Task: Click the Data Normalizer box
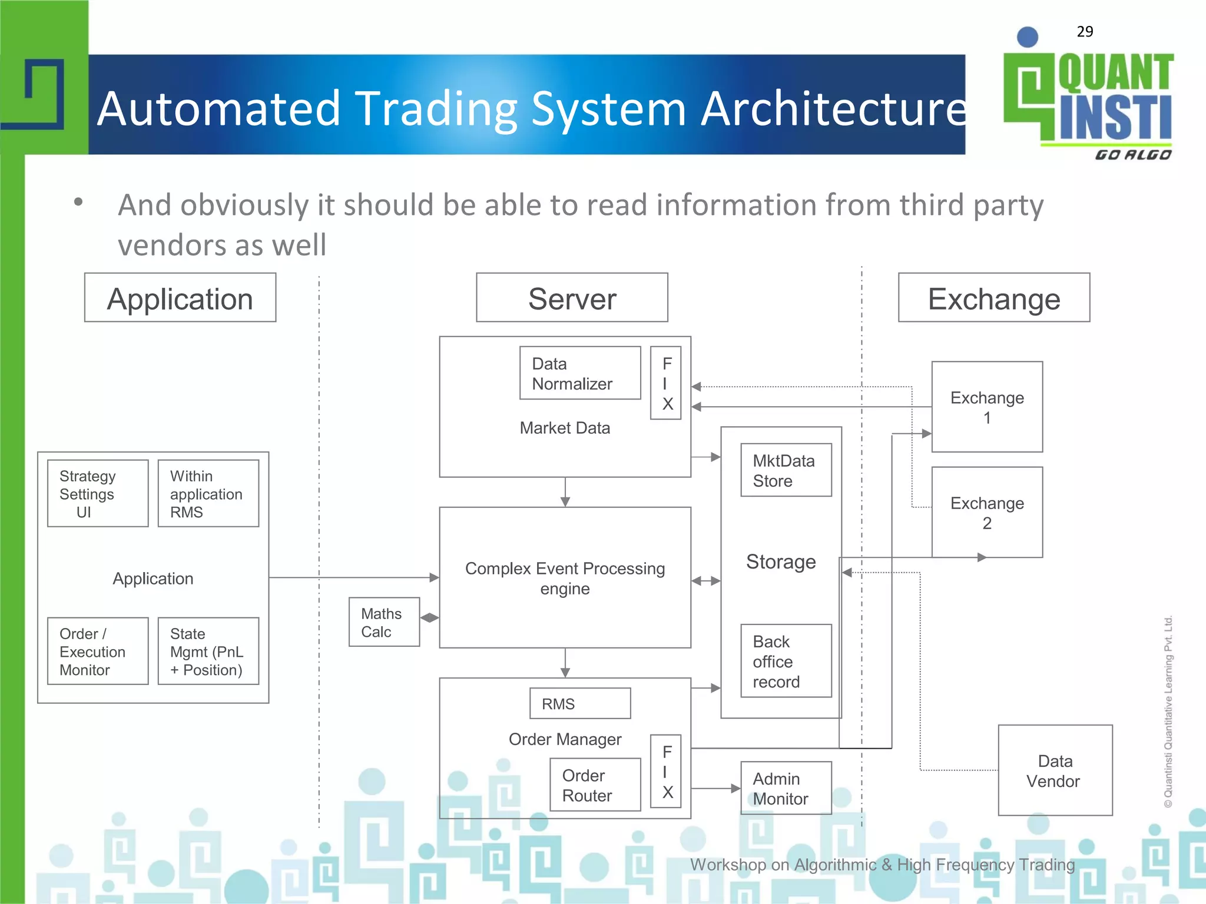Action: [580, 373]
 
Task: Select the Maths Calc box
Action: [384, 622]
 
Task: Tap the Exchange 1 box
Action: [987, 407]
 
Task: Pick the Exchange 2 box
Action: [987, 512]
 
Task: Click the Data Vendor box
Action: [1055, 770]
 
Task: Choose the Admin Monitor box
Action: [786, 788]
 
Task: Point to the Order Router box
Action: [595, 785]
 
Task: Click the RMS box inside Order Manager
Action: [579, 703]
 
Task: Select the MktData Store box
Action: [786, 470]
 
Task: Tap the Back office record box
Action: [786, 661]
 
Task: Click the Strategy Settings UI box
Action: [98, 493]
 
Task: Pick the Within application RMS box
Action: [208, 493]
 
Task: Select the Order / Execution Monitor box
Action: [98, 651]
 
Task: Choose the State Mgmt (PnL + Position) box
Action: [208, 651]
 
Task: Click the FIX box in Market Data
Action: [665, 383]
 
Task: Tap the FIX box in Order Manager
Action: [665, 771]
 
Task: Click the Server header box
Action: [572, 298]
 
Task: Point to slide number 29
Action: [1085, 32]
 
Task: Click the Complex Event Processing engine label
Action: [565, 578]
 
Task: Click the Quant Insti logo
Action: [1088, 97]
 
